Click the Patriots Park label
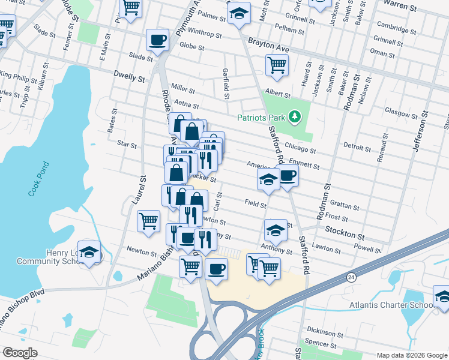[262, 118]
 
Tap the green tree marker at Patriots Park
[295, 116]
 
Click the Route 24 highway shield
[350, 277]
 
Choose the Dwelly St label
[129, 77]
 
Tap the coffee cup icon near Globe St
[158, 40]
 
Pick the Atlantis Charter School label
[388, 305]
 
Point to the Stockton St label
[345, 230]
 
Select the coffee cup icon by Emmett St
[288, 176]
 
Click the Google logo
[20, 353]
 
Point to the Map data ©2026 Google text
[411, 355]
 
